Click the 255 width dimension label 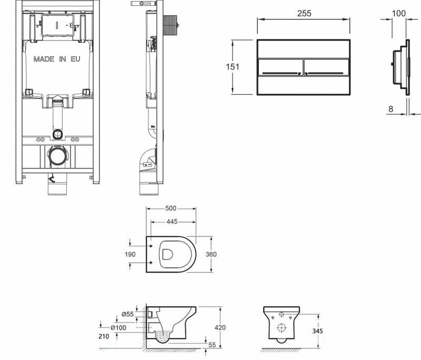[304, 13]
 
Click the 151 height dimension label [233, 66]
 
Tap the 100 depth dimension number [399, 13]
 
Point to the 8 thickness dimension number [390, 109]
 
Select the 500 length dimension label [171, 208]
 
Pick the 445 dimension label [172, 222]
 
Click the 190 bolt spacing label [130, 254]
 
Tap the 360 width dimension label [211, 254]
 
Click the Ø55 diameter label [127, 314]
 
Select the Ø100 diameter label [118, 327]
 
